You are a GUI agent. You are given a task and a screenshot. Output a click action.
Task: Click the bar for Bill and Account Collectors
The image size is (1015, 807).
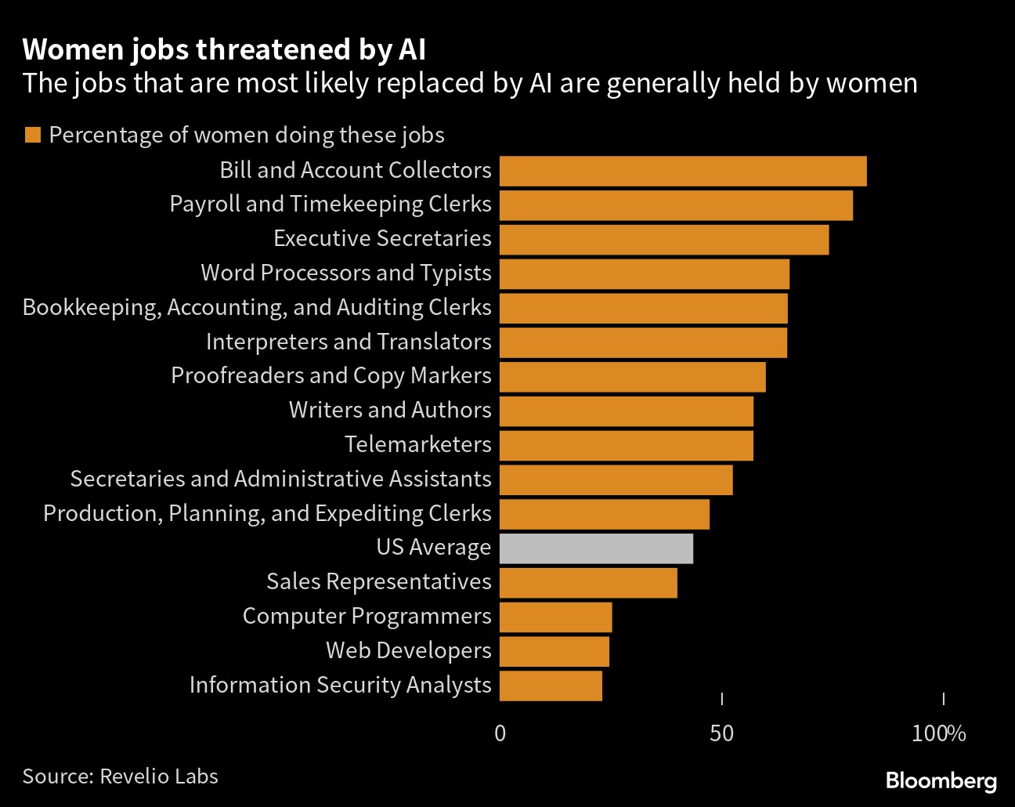point(683,171)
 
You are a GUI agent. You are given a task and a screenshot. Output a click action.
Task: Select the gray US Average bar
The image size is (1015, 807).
point(596,548)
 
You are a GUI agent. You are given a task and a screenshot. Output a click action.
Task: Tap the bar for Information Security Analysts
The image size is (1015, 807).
point(551,686)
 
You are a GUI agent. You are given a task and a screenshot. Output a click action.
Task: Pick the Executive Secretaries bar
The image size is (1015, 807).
point(664,239)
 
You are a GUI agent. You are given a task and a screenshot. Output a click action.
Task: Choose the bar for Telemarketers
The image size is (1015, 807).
point(627,445)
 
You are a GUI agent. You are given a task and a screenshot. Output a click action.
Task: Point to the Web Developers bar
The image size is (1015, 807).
point(554,651)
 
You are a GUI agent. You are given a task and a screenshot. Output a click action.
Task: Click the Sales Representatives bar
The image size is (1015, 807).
point(588,583)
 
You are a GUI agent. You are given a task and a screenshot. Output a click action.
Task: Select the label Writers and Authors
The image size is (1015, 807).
point(390,410)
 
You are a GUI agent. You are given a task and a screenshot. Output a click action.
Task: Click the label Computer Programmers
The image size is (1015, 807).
point(367,616)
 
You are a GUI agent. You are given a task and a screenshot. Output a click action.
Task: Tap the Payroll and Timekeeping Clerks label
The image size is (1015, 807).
point(331,204)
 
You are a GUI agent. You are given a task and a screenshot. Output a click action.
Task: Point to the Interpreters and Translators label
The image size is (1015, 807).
point(349,342)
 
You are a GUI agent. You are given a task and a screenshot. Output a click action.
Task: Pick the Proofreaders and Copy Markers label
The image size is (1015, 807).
point(331,375)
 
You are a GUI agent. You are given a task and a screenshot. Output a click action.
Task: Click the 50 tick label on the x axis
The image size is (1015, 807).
point(721,734)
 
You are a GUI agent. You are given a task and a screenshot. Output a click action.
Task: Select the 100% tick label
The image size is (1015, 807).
point(939,734)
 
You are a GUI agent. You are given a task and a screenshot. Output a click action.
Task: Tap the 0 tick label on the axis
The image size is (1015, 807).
point(500,734)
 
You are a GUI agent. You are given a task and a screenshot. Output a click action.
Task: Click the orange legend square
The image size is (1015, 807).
point(32,135)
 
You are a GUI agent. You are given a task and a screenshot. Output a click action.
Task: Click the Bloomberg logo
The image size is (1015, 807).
point(941,781)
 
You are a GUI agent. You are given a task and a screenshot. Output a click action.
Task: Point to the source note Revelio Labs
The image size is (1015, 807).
point(120,776)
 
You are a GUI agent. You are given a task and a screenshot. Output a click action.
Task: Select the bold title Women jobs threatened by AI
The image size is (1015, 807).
point(224,49)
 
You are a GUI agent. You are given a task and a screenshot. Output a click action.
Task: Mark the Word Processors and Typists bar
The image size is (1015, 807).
point(645,273)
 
